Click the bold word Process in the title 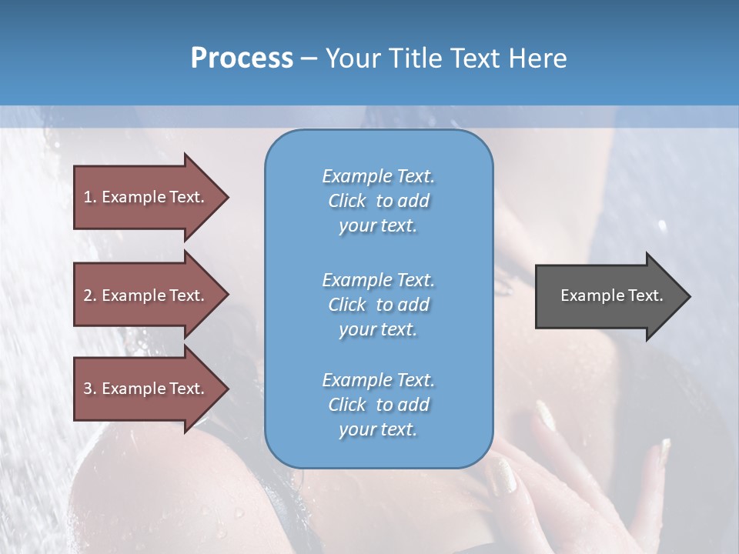pyautogui.click(x=242, y=58)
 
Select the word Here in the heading pyautogui.click(x=538, y=58)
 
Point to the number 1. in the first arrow pyautogui.click(x=90, y=197)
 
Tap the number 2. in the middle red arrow pyautogui.click(x=90, y=295)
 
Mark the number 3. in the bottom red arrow pyautogui.click(x=90, y=389)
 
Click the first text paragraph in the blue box pyautogui.click(x=378, y=201)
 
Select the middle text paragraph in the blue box pyautogui.click(x=378, y=305)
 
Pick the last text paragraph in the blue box pyautogui.click(x=378, y=405)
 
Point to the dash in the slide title pyautogui.click(x=309, y=58)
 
